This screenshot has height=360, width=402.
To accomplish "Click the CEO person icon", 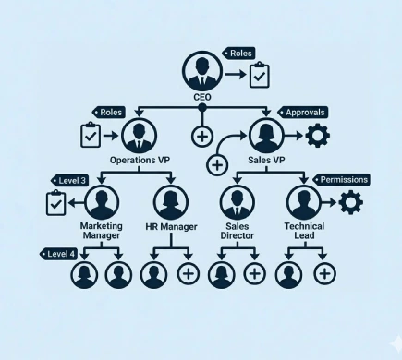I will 201,70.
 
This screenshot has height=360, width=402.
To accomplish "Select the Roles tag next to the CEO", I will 239,54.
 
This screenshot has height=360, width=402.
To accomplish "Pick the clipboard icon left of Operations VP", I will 91,136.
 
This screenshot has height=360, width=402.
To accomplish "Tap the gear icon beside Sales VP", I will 318,137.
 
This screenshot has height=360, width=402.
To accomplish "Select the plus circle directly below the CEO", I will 202,137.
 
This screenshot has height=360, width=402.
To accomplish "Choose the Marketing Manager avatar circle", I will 103,203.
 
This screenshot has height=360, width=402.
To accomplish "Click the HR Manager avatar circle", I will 171,203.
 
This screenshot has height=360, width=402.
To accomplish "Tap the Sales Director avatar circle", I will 238,203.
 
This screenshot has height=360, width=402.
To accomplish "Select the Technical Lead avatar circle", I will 303,203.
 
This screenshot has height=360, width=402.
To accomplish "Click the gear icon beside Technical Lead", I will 352,203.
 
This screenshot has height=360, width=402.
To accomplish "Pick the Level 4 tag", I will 58,253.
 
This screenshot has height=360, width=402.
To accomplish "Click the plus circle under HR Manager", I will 188,273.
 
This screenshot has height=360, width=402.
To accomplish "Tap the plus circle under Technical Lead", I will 323,273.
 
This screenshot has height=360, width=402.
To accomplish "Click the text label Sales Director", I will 238,230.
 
